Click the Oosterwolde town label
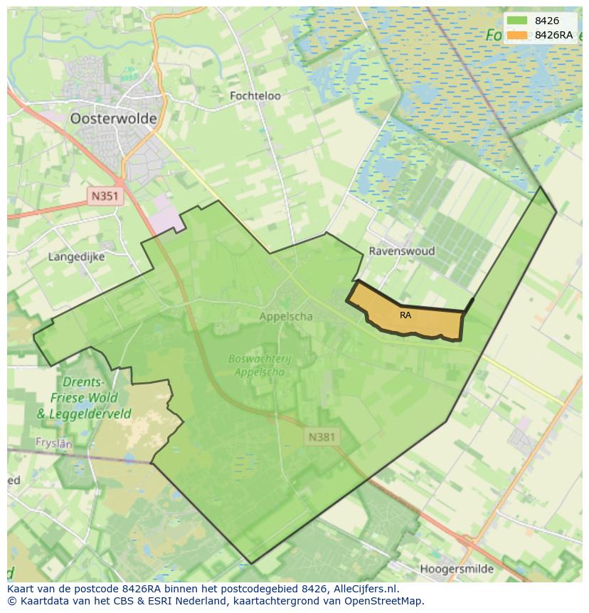[113, 119]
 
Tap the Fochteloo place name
[255, 95]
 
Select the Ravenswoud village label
[401, 251]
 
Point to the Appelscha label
[286, 317]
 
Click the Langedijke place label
[76, 256]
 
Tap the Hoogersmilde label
[457, 569]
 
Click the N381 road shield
[323, 436]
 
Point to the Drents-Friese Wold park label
[90, 397]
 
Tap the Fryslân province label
[54, 443]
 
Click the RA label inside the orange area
[405, 315]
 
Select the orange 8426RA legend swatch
[517, 35]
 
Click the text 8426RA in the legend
[554, 35]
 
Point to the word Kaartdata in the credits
[42, 601]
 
